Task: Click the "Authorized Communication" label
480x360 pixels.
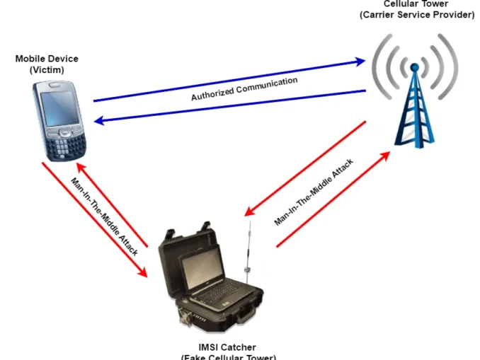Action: [x=244, y=90]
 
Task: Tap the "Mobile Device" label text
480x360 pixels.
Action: [x=47, y=58]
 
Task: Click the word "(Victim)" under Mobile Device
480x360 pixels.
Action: [x=47, y=70]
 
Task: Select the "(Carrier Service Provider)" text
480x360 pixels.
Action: [x=416, y=15]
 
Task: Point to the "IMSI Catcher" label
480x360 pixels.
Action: [x=227, y=347]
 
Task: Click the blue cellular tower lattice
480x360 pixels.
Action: [x=415, y=113]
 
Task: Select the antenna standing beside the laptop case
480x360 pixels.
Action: [x=248, y=255]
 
